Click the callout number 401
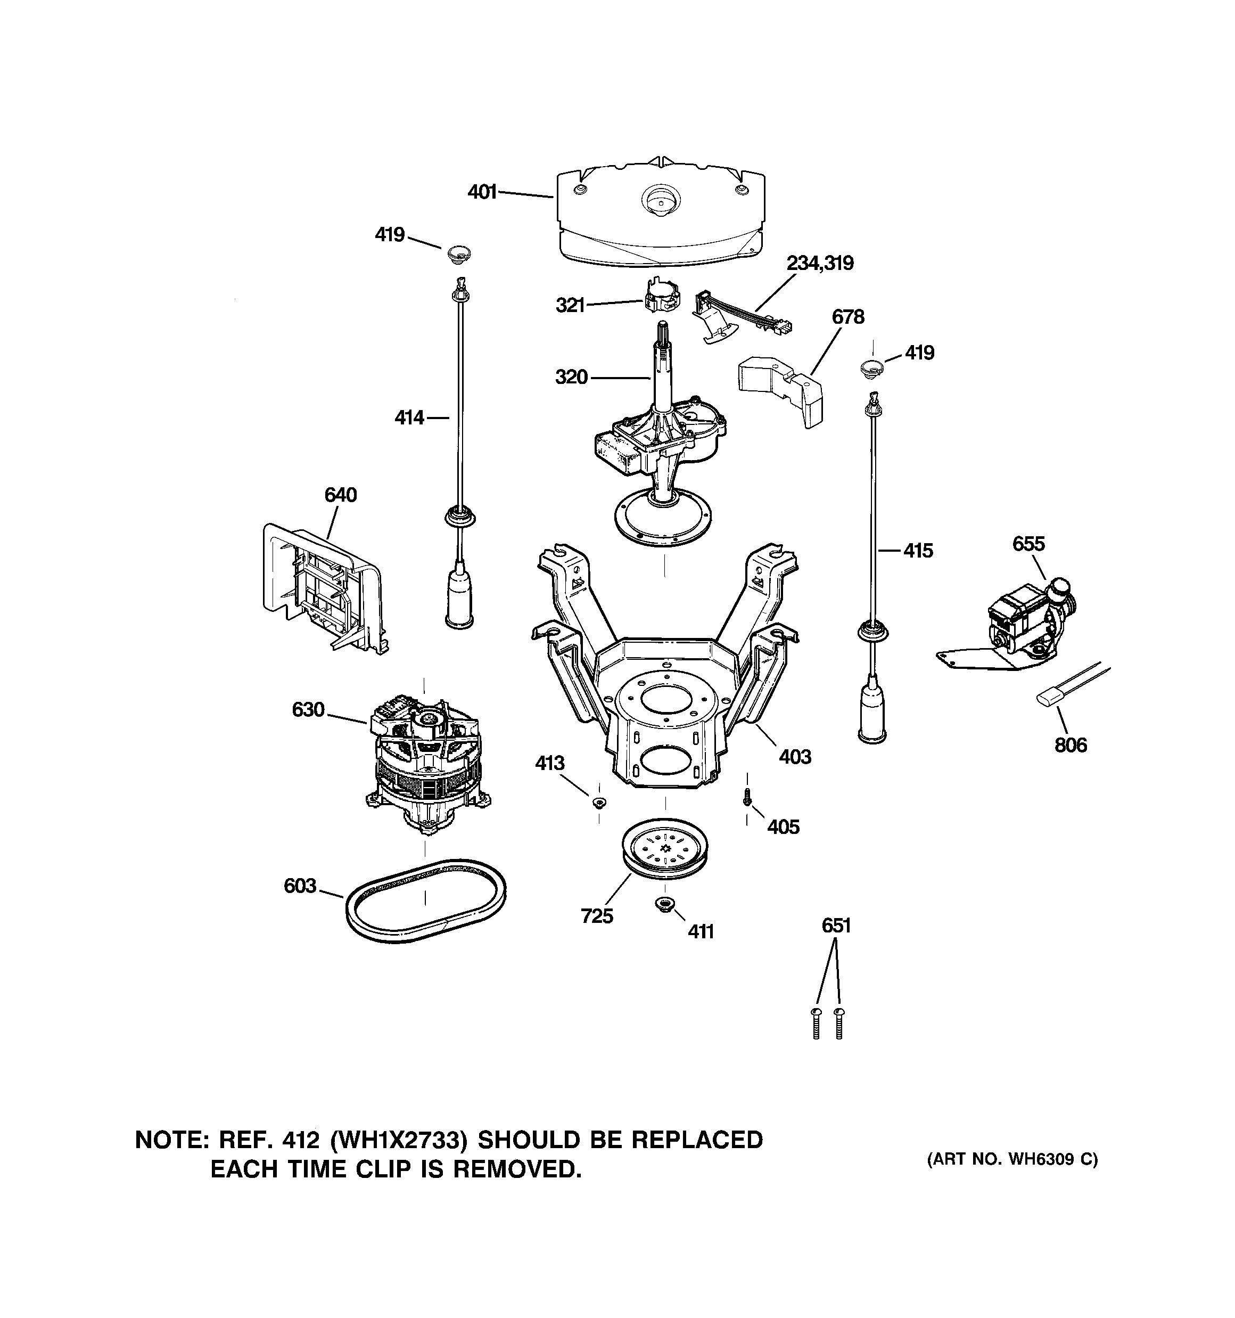482,192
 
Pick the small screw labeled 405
747,796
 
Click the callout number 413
549,763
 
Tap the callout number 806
1071,745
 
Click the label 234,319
820,263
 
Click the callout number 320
571,377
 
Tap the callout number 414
409,417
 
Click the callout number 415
918,550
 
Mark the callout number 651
835,926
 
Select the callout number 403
795,757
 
